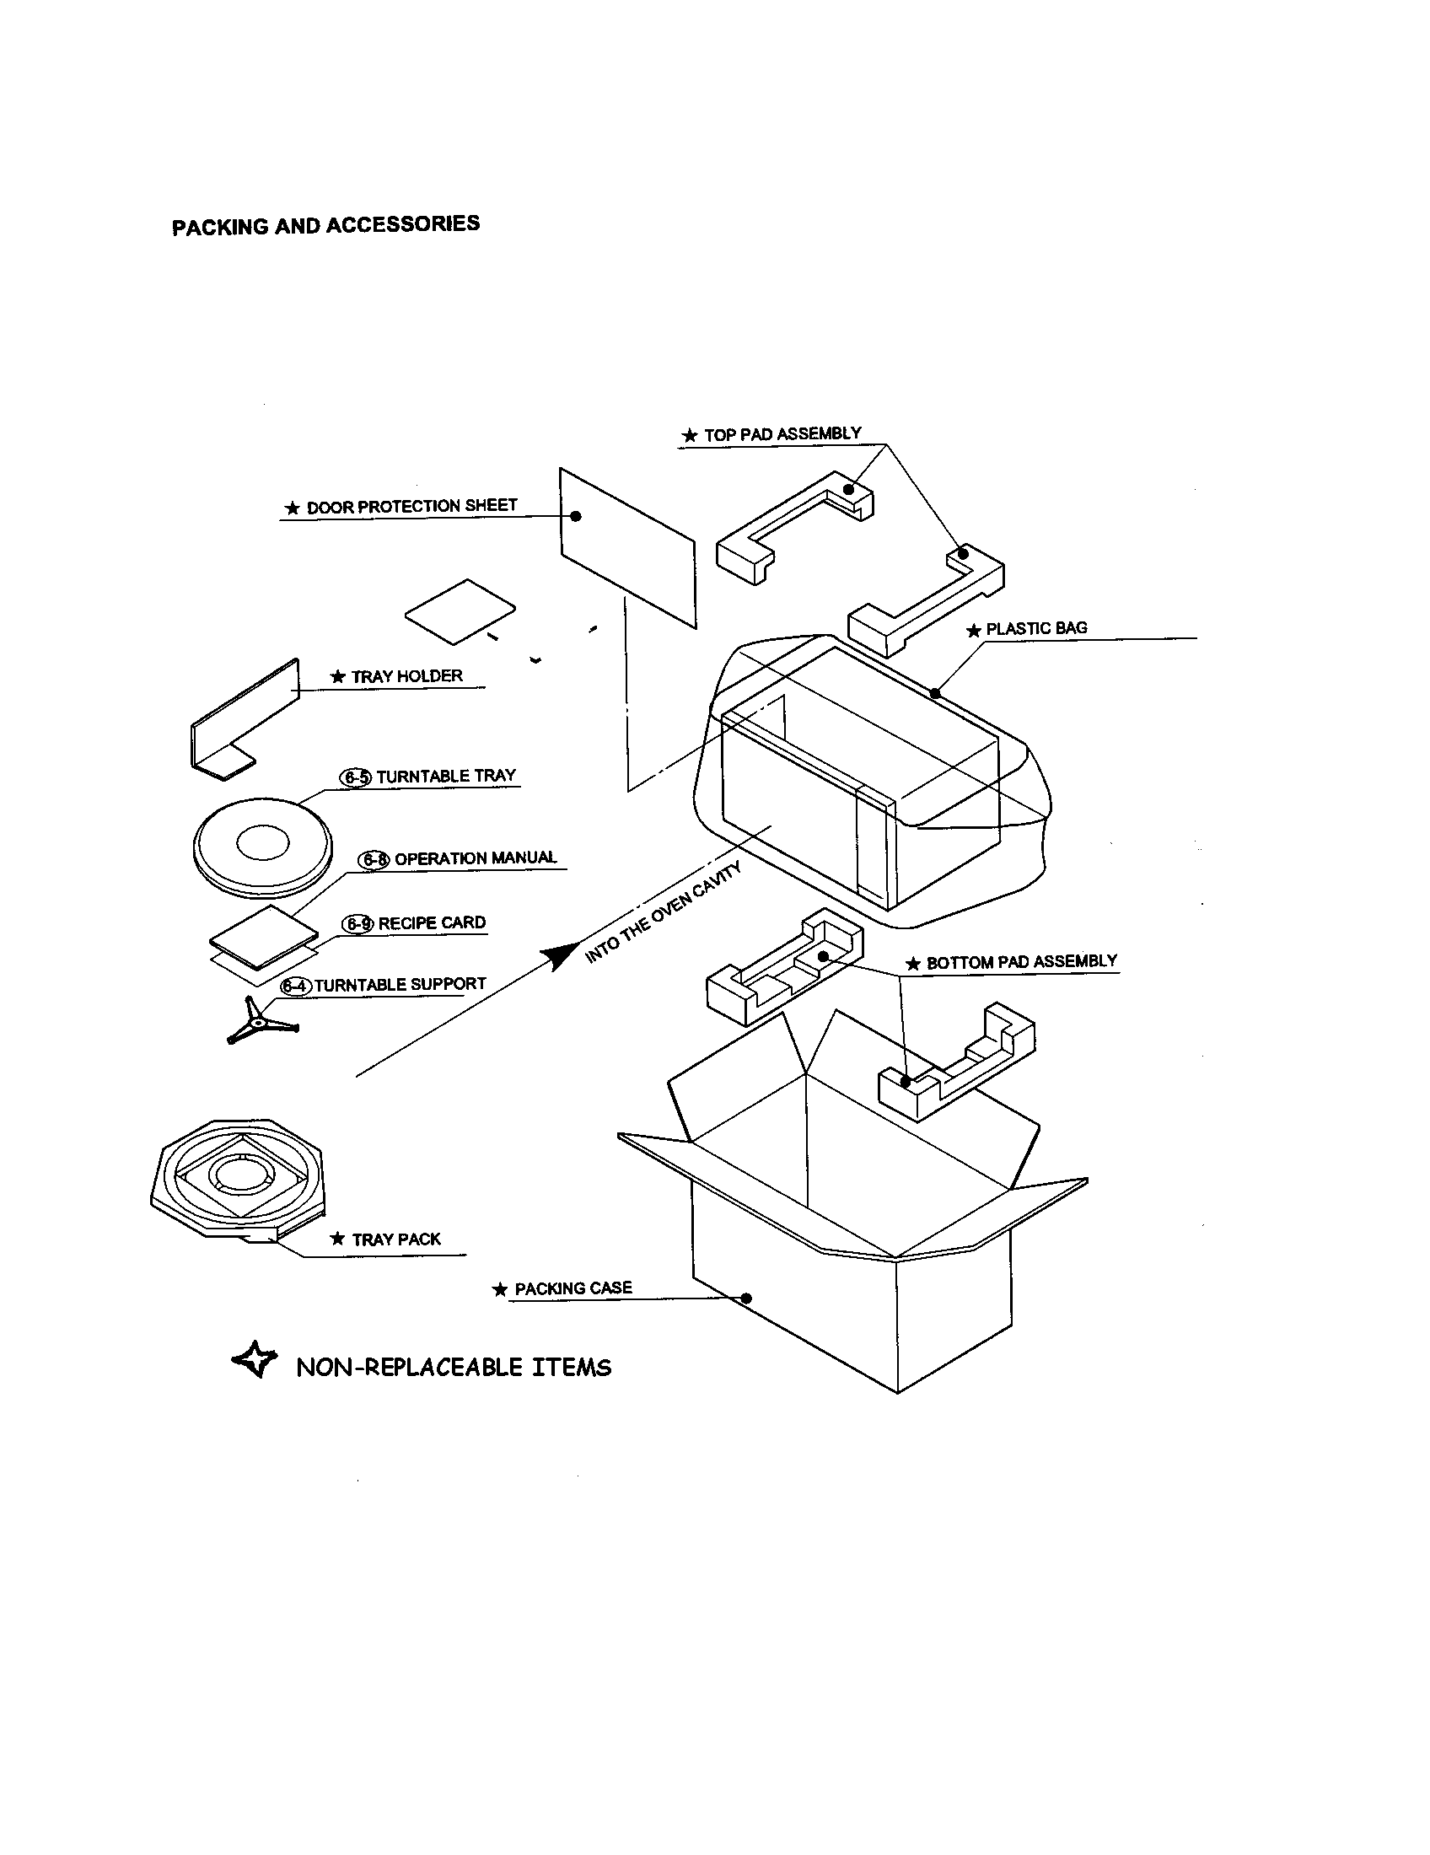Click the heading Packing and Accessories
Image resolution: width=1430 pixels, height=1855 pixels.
325,225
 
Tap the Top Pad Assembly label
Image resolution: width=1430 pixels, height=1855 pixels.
782,434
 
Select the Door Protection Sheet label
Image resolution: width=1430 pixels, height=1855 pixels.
411,506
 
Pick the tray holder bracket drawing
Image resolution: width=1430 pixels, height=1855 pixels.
242,722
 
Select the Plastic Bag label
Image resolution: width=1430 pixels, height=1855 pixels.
1036,628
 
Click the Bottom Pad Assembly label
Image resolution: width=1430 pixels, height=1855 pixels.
1021,962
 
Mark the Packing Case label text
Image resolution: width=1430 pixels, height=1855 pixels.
573,1288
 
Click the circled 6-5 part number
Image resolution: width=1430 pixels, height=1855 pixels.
356,777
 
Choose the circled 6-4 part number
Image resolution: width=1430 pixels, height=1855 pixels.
295,987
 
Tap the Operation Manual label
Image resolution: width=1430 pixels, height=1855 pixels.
475,858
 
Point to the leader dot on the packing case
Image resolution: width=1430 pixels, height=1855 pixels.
746,1298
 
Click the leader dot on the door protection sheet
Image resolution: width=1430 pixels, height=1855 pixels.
576,515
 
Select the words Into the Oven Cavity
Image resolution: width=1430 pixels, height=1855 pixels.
664,913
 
